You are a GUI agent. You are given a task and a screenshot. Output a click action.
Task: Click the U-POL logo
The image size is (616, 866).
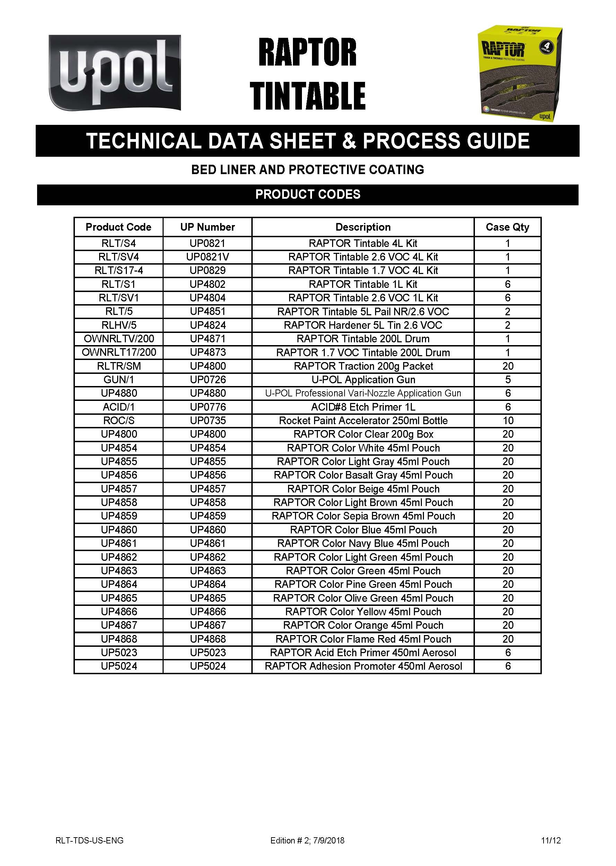click(114, 72)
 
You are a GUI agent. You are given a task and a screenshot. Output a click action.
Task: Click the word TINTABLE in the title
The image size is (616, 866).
click(307, 96)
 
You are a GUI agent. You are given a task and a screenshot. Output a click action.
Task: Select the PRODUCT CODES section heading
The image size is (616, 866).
click(307, 194)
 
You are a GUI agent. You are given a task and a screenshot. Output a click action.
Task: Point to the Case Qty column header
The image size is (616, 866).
click(507, 227)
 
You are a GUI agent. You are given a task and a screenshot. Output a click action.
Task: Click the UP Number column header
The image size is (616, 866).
click(208, 227)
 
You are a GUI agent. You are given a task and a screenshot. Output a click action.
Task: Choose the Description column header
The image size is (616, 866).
click(363, 227)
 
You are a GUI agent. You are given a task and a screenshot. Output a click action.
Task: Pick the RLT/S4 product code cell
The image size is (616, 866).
click(118, 243)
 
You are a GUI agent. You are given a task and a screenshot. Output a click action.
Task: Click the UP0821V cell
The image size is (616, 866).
click(208, 257)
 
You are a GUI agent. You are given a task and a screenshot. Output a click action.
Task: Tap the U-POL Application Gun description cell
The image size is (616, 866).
click(363, 379)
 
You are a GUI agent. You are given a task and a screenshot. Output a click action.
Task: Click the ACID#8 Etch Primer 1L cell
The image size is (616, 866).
click(363, 407)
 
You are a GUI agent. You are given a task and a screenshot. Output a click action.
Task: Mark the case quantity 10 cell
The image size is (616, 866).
click(508, 420)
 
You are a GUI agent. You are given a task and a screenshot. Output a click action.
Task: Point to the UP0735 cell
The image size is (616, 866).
click(208, 420)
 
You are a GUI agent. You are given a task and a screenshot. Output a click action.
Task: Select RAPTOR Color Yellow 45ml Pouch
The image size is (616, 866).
click(363, 611)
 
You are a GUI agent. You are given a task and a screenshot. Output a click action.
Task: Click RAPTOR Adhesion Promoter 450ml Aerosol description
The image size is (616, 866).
click(363, 666)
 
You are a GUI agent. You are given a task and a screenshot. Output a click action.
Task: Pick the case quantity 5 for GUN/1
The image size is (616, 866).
click(508, 379)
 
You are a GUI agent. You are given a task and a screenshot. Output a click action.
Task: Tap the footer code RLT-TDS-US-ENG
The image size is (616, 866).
click(89, 840)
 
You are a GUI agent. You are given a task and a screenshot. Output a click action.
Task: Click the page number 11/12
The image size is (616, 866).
click(551, 840)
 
